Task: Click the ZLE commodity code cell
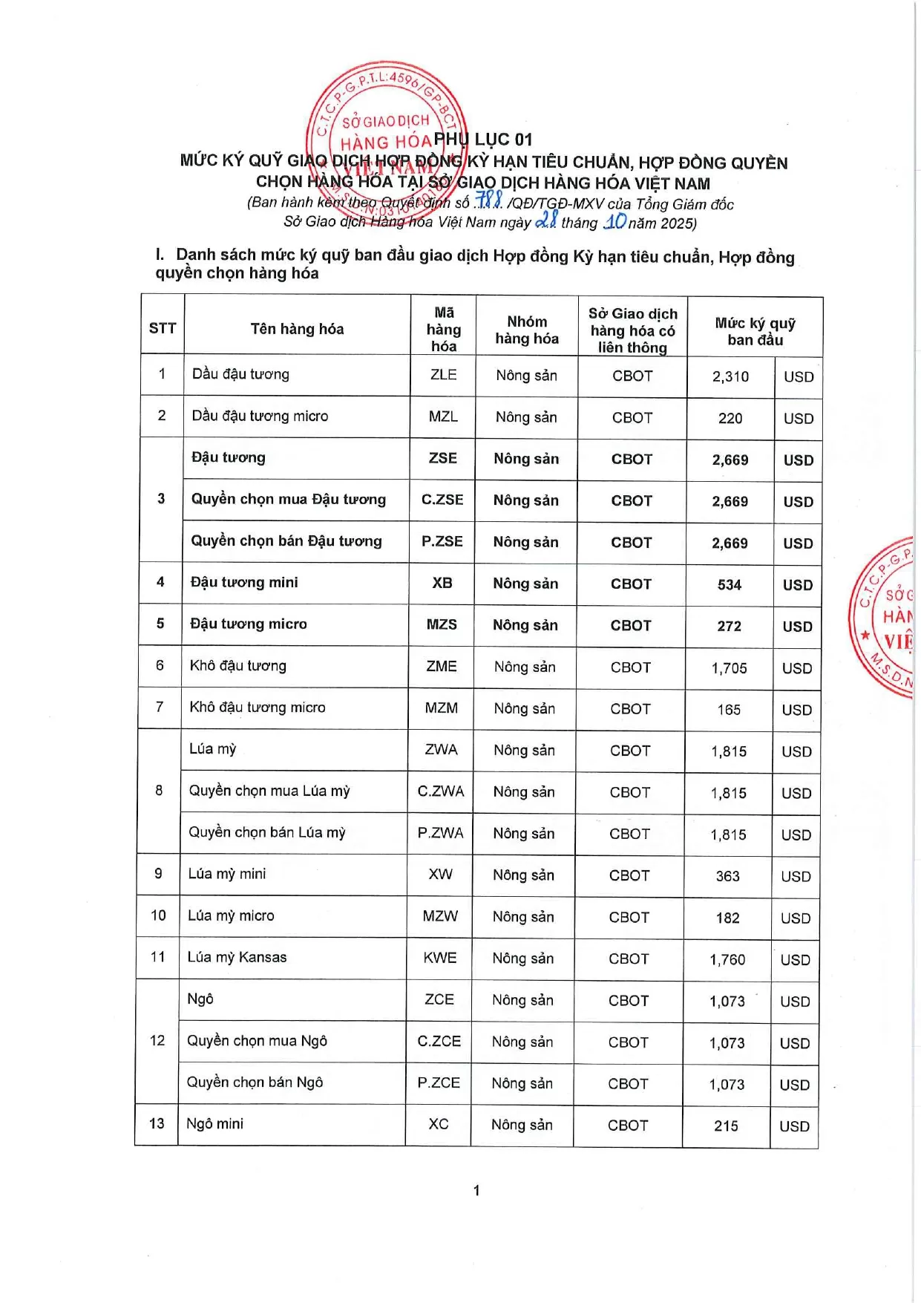[444, 374]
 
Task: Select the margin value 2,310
[730, 376]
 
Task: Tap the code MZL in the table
[443, 417]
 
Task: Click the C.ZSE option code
[442, 500]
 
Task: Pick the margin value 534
[729, 585]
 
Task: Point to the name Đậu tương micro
[248, 624]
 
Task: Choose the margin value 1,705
[729, 668]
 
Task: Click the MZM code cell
[442, 708]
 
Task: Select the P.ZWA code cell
[440, 833]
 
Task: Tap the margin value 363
[727, 876]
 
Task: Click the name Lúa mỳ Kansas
[237, 957]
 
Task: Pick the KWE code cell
[439, 959]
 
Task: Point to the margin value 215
[726, 1126]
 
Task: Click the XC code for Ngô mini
[439, 1124]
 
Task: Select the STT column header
[163, 328]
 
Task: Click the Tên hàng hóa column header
[297, 329]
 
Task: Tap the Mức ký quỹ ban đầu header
[755, 331]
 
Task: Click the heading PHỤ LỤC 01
[483, 140]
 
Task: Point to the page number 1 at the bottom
[476, 1190]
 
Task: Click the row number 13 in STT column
[157, 1123]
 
